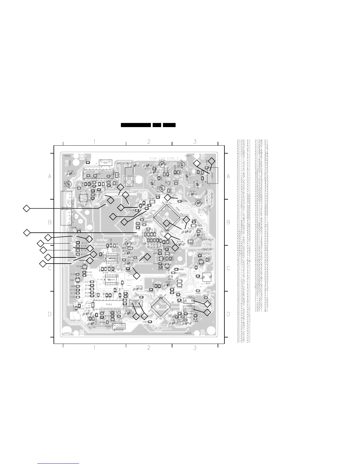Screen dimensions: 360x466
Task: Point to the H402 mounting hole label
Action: (67, 156)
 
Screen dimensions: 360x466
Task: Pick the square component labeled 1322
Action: (207, 277)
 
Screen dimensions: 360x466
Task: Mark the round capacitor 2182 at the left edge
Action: (68, 184)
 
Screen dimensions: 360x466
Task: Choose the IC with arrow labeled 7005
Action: (111, 259)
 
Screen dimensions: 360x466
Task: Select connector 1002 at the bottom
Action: (119, 326)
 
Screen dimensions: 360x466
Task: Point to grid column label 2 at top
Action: (149, 142)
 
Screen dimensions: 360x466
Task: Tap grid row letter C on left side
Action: (50, 268)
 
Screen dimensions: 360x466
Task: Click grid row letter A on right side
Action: (228, 176)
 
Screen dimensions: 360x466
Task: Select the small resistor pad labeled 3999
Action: (88, 162)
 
